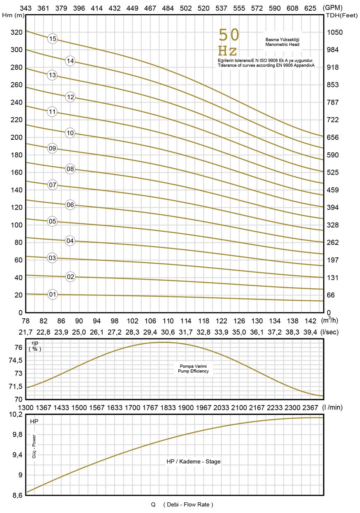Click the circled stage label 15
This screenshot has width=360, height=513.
pyautogui.click(x=52, y=39)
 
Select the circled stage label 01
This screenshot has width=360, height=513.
pyautogui.click(x=52, y=295)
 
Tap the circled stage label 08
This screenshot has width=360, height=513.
pyautogui.click(x=70, y=169)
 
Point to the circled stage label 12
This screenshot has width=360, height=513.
pyautogui.click(x=70, y=97)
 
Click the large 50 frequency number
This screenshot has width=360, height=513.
pyautogui.click(x=229, y=36)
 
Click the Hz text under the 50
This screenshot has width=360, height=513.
pyautogui.click(x=228, y=51)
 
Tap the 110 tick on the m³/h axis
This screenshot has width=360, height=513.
pyautogui.click(x=168, y=321)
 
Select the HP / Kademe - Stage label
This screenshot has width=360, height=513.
pyautogui.click(x=194, y=461)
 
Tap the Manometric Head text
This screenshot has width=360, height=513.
pyautogui.click(x=282, y=44)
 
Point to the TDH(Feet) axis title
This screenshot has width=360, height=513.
pyautogui.click(x=338, y=15)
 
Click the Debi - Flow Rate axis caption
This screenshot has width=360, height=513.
pyautogui.click(x=188, y=504)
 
